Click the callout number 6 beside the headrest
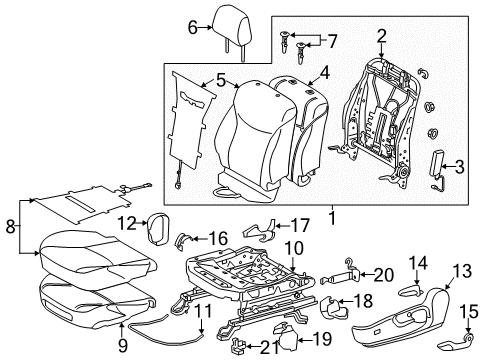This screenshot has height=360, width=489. [194, 29]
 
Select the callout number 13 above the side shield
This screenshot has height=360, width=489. [462, 273]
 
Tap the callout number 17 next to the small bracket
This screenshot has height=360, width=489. [300, 226]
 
